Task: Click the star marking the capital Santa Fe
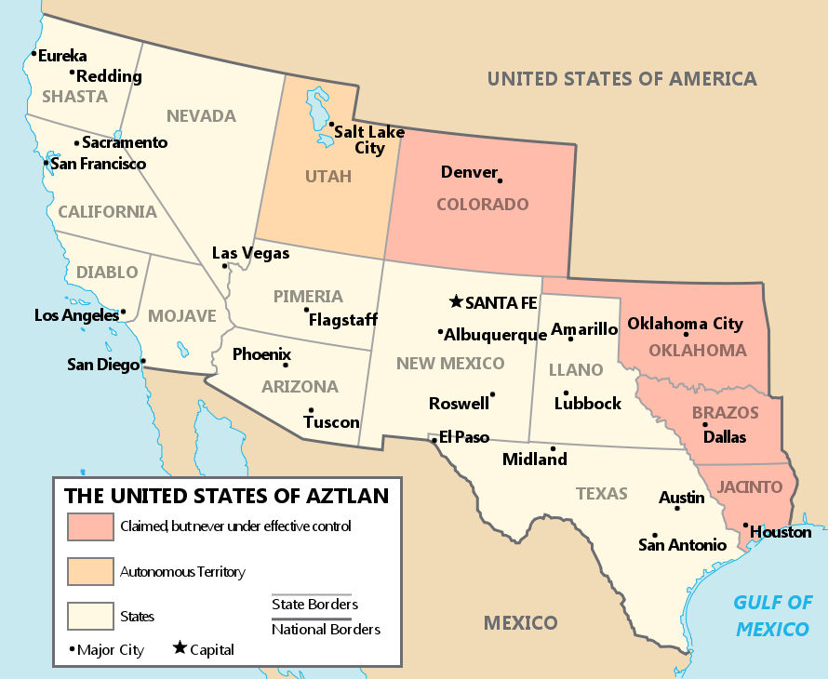pos(455,301)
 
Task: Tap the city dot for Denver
pos(500,180)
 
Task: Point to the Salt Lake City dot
pos(330,124)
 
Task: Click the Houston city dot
pos(746,526)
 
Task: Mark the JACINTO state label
pos(750,486)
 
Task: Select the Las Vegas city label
pos(250,253)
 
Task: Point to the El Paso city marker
pos(434,439)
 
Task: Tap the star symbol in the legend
pos(179,649)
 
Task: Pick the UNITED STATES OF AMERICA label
pos(621,78)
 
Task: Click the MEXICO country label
pos(520,622)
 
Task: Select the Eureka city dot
pos(33,54)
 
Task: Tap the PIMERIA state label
pos(308,296)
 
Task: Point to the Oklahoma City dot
pos(686,334)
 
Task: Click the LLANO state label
pos(576,369)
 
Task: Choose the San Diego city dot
pos(143,361)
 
